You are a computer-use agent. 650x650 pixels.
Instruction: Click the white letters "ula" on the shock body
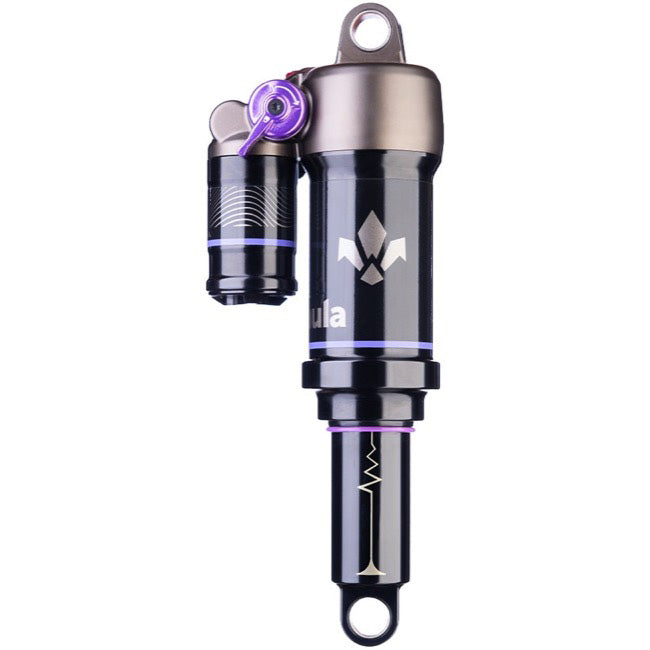pos(329,316)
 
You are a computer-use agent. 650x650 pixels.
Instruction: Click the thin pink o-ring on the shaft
pos(370,428)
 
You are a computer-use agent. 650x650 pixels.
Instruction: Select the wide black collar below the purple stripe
pos(370,374)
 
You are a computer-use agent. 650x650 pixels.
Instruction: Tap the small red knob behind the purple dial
pos(296,74)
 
